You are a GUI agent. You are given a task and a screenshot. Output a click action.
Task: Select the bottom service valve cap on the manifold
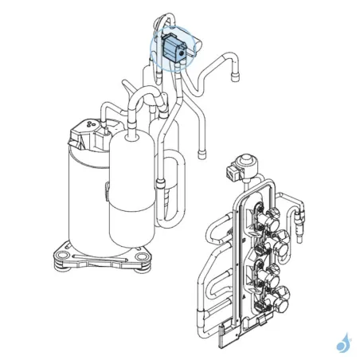tap(282, 303)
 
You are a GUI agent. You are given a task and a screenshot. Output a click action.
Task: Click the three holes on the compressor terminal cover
tap(88, 125)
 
